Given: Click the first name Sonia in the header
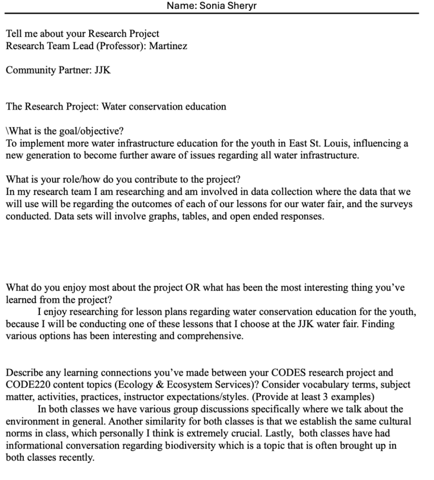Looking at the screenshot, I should [x=212, y=6].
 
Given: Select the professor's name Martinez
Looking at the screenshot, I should [x=168, y=46].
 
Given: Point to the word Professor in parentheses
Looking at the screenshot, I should [x=124, y=46].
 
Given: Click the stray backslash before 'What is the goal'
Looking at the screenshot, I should [x=7, y=131].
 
